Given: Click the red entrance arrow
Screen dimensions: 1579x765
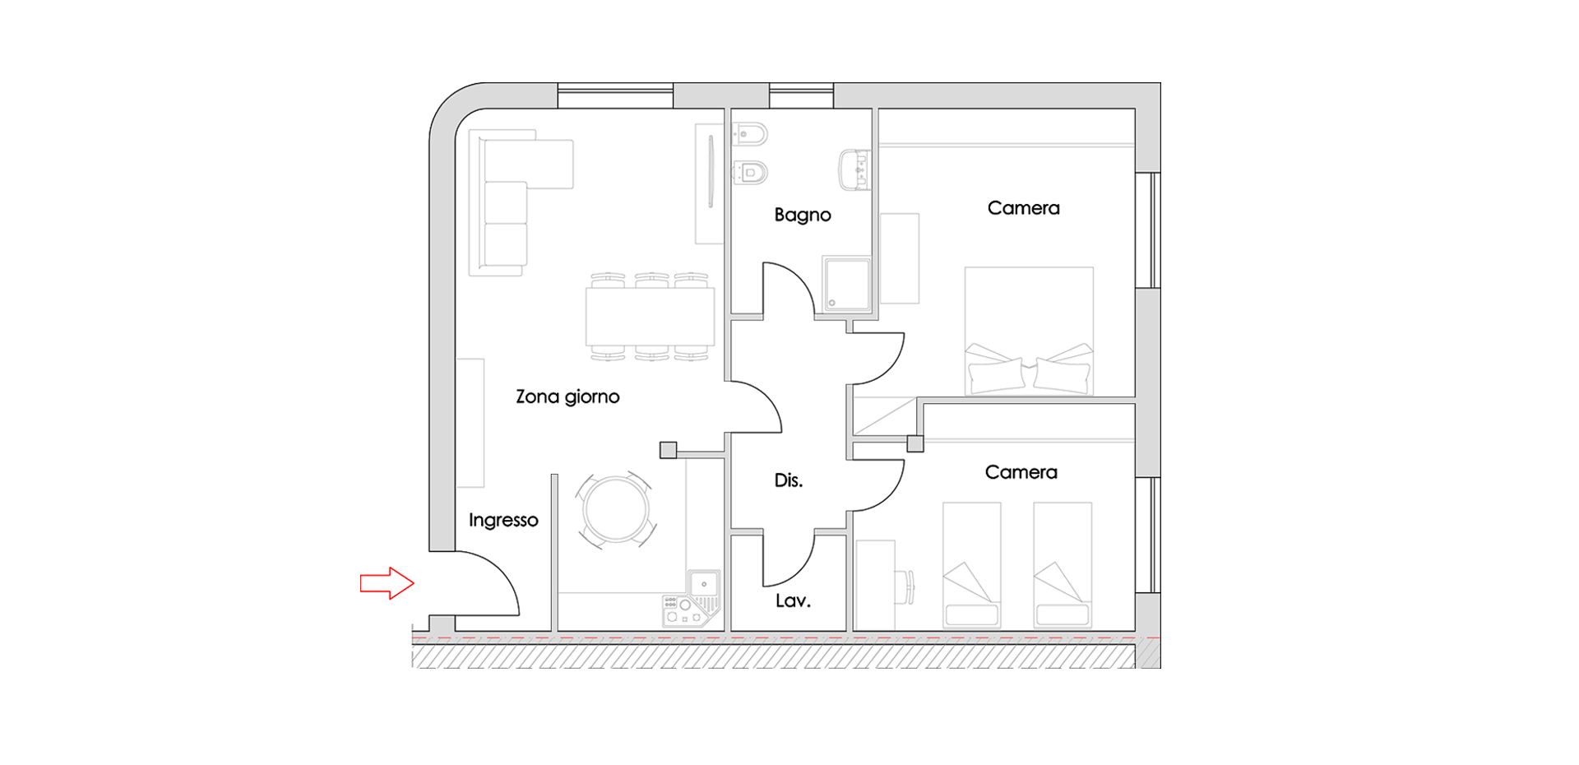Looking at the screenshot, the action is point(387,583).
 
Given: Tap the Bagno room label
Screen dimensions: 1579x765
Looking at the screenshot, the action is point(803,216).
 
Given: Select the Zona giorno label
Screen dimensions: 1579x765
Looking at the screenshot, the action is point(567,397).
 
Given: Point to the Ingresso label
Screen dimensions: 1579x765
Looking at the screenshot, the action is point(503,520).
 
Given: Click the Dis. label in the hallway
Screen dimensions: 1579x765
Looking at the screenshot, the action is point(789,480).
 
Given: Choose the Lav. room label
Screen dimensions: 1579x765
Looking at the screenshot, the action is point(793,601).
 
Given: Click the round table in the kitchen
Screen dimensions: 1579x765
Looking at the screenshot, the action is point(616,509).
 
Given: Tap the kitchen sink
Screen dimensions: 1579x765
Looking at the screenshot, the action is point(704,584).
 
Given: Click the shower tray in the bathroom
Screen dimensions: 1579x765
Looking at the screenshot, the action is point(846,284).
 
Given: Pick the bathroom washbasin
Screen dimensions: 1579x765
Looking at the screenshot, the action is point(854,170).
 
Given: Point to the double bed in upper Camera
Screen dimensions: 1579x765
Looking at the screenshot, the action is point(1029,331).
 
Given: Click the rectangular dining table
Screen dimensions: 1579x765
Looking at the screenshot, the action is point(650,317).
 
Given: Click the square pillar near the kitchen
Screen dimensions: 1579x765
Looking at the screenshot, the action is point(668,450).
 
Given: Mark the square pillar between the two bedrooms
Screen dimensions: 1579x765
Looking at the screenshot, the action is point(915,443).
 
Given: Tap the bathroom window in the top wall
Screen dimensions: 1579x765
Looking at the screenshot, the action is point(802,95).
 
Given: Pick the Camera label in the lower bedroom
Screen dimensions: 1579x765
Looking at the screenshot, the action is point(1021,472).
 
